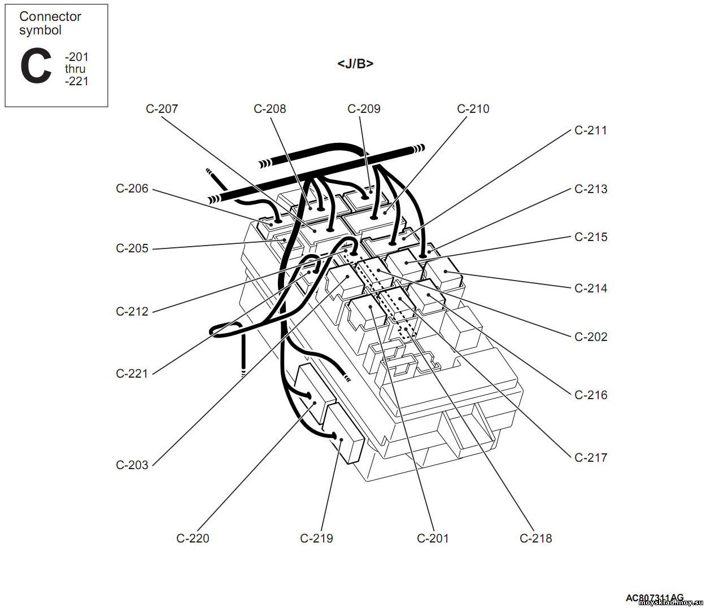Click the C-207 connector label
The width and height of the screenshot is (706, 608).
[x=162, y=109]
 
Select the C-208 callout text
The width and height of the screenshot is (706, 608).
[x=269, y=109]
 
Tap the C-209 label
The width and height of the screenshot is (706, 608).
[x=364, y=109]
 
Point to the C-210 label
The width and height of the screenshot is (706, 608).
[x=473, y=109]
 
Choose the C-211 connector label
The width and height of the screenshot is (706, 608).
[x=591, y=130]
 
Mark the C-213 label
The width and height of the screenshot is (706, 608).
[x=591, y=189]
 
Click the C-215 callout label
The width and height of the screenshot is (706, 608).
[x=591, y=237]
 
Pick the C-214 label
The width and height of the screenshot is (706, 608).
[x=591, y=288]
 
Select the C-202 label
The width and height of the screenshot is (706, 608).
[x=591, y=337]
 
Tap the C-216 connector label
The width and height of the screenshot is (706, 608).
[x=591, y=395]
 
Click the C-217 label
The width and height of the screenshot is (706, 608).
[x=591, y=458]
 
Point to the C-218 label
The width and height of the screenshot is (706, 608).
[x=535, y=539]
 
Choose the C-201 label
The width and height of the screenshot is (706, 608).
[x=433, y=539]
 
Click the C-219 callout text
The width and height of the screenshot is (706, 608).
[x=316, y=539]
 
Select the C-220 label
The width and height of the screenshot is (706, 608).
[x=193, y=539]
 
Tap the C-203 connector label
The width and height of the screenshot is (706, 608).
[x=132, y=465]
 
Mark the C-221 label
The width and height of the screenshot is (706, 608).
[x=132, y=374]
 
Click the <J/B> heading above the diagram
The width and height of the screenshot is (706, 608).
[x=355, y=64]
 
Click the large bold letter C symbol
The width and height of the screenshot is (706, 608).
[x=35, y=67]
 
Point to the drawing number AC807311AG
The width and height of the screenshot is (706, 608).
[x=654, y=598]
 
